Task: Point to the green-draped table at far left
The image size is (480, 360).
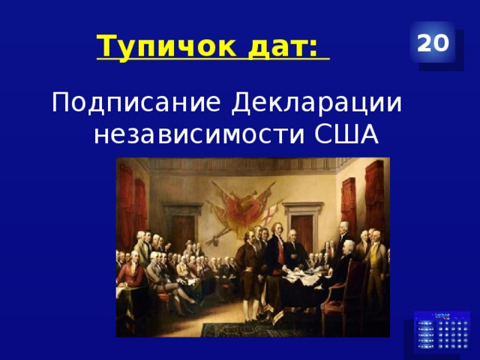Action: point(124,300)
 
